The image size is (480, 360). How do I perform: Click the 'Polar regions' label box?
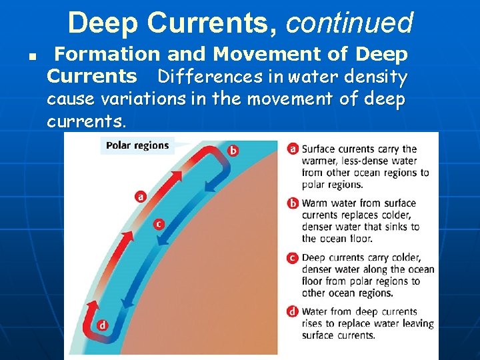(x=137, y=145)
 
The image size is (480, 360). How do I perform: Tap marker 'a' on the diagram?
(x=141, y=196)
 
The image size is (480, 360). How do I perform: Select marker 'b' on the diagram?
(x=233, y=150)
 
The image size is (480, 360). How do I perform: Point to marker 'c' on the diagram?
(x=159, y=225)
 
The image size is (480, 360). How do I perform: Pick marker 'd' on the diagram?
(x=103, y=325)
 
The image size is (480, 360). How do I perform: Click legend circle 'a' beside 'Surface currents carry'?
(x=293, y=149)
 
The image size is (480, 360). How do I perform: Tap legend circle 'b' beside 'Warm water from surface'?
(x=293, y=203)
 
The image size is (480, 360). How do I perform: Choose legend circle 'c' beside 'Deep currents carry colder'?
(x=293, y=257)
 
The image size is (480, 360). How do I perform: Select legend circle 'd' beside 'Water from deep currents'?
(x=293, y=311)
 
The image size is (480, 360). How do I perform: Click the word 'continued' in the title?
(x=350, y=23)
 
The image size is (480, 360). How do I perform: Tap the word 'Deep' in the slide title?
(x=103, y=23)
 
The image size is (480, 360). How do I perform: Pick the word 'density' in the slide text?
(x=378, y=77)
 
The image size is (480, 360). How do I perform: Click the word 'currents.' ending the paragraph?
(x=85, y=123)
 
